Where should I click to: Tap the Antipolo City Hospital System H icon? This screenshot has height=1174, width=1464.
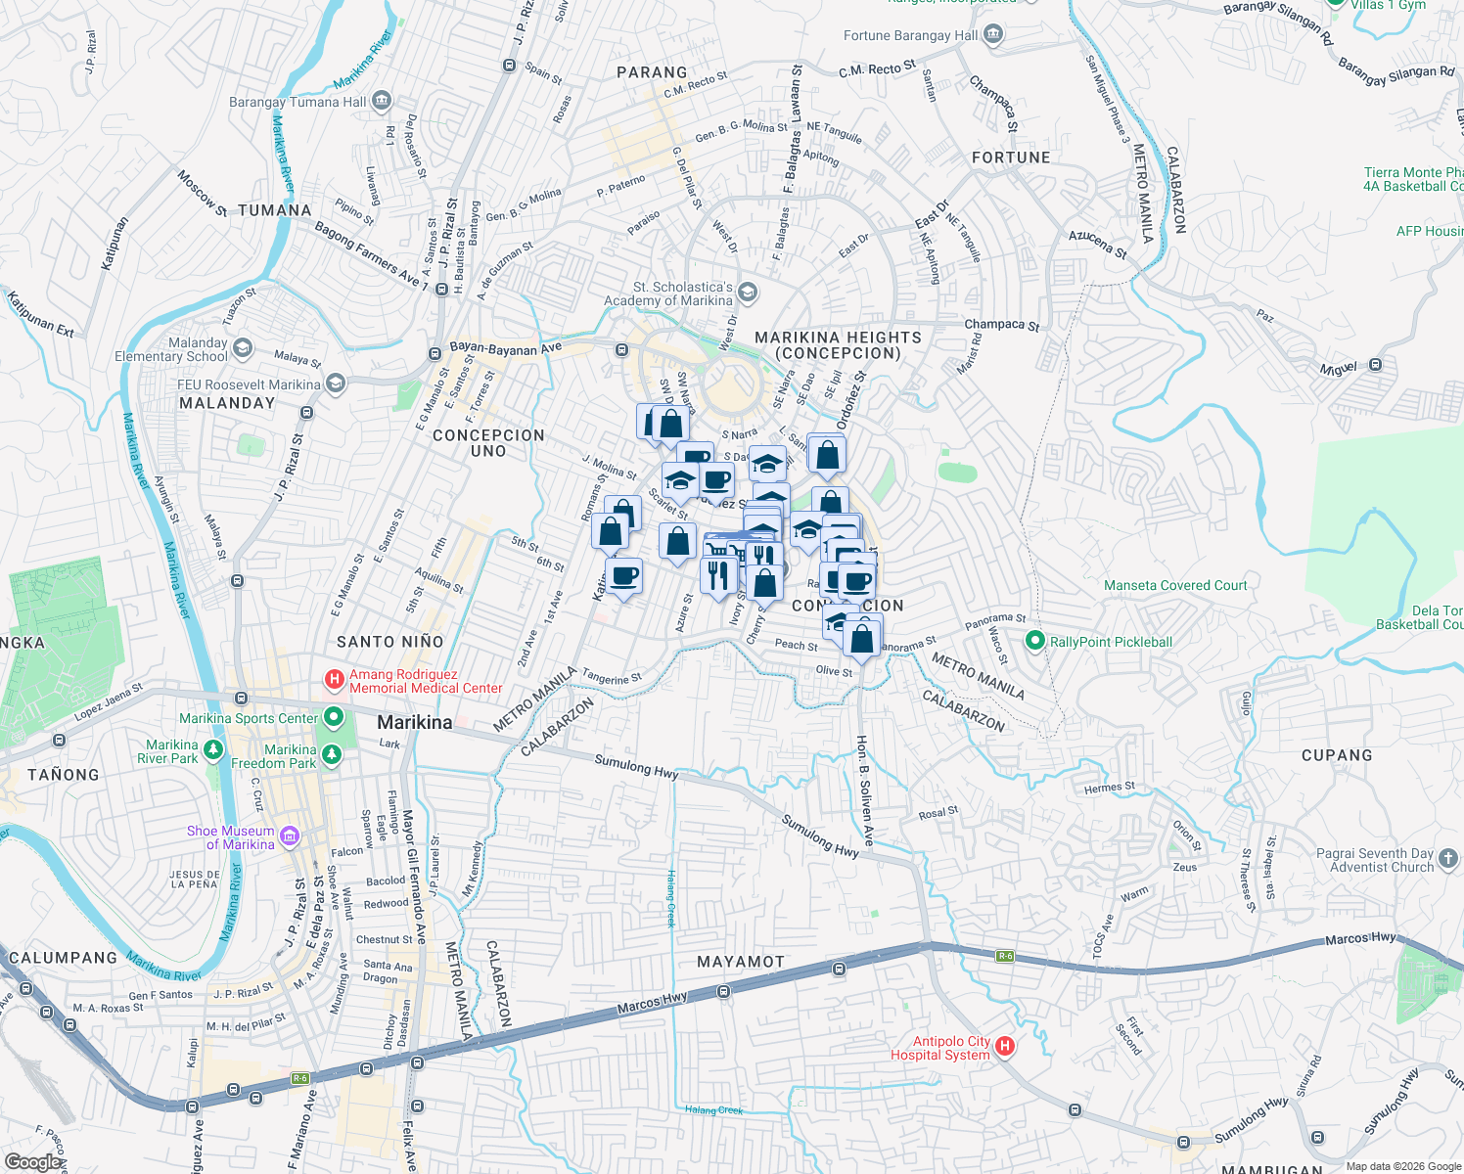point(1004,1048)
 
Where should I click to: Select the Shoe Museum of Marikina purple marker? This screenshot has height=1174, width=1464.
point(289,836)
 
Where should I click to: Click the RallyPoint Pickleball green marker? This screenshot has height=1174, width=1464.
point(1034,642)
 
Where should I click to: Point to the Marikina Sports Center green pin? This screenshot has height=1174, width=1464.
point(334,719)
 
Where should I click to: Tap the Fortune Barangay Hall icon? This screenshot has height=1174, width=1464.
point(994,36)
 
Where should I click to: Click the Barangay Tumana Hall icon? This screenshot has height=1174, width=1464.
point(382,101)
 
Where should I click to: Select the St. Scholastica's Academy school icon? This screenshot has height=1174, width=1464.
point(748,293)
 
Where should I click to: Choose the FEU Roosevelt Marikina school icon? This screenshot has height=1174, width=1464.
point(336,384)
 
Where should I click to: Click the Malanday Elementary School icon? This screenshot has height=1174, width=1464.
point(243,348)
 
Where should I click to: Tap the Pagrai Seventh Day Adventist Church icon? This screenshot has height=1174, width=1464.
point(1448,859)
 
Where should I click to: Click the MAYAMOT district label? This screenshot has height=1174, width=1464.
point(741,962)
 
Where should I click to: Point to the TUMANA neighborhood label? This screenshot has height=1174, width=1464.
point(275,210)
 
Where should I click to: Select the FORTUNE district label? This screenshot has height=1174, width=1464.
point(1011,158)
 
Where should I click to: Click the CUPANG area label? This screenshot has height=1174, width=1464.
point(1337,755)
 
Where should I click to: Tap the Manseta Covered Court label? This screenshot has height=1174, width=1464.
point(1175,585)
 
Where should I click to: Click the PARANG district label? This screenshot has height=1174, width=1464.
point(652,72)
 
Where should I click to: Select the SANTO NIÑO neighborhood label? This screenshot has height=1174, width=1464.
point(390,642)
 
